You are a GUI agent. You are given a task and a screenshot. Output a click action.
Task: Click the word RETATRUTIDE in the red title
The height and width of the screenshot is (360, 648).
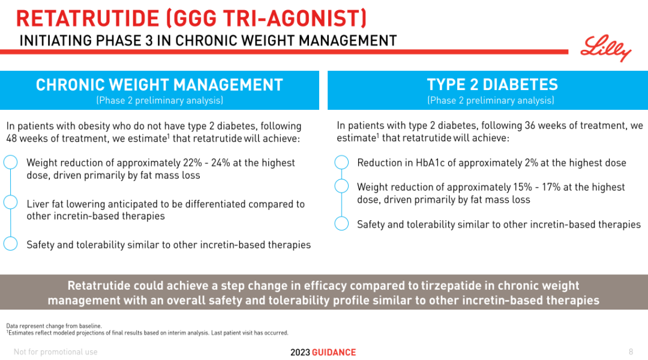pyautogui.click(x=88, y=19)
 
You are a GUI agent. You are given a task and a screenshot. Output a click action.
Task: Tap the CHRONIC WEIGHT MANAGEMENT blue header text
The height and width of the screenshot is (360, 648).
pyautogui.click(x=159, y=85)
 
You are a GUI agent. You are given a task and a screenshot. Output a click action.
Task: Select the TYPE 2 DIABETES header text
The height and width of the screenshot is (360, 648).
pyautogui.click(x=492, y=85)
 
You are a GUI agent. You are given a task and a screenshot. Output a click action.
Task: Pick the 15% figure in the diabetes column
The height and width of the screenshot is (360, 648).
pyautogui.click(x=523, y=187)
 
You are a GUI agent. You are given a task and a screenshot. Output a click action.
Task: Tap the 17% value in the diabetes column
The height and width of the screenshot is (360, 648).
pyautogui.click(x=551, y=187)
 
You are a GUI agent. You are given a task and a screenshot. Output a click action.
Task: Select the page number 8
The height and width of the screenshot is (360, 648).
pyautogui.click(x=631, y=352)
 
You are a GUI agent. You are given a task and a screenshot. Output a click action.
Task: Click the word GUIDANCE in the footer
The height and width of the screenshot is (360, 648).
pyautogui.click(x=334, y=352)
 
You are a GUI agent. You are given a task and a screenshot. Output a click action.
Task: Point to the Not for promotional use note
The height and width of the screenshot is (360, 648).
pyautogui.click(x=55, y=352)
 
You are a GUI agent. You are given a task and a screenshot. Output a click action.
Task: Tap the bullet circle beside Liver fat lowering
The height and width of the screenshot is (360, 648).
pyautogui.click(x=10, y=203)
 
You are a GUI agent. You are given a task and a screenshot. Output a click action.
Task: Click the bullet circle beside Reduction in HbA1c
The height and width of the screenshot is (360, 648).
pyautogui.click(x=341, y=163)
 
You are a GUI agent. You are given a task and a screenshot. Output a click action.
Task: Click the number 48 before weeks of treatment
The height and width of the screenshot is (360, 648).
pyautogui.click(x=11, y=139)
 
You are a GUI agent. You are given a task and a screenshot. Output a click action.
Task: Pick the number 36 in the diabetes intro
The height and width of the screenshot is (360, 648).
pyautogui.click(x=530, y=125)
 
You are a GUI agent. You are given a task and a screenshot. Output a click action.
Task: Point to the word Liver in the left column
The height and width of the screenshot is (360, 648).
pyautogui.click(x=37, y=204)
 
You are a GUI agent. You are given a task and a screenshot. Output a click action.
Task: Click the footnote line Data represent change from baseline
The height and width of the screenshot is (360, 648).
pyautogui.click(x=54, y=326)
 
